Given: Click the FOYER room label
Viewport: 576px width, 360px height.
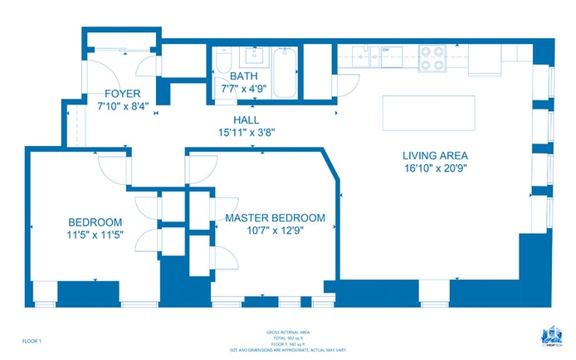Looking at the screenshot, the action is tap(122, 94).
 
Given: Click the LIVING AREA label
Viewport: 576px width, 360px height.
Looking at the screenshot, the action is tap(435, 155).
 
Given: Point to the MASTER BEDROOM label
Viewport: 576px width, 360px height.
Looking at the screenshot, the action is tap(275, 218).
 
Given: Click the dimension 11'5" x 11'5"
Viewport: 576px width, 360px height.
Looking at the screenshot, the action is tap(95, 235).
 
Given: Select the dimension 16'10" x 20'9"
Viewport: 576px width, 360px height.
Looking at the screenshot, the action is tap(435, 168).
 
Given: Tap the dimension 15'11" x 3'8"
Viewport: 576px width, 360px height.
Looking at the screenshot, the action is tap(246, 132).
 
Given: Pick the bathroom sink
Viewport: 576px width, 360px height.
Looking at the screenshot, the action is tap(251, 57).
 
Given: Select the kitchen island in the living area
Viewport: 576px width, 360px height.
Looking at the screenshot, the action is tap(428, 112).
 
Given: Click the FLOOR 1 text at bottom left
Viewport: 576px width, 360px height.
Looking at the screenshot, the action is tap(31, 341).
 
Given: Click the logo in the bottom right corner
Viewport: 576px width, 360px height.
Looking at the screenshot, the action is tap(548, 337).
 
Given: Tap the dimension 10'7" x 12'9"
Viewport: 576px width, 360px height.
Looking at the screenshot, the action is tap(275, 231).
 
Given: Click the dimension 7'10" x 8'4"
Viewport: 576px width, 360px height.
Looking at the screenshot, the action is tap(122, 106).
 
